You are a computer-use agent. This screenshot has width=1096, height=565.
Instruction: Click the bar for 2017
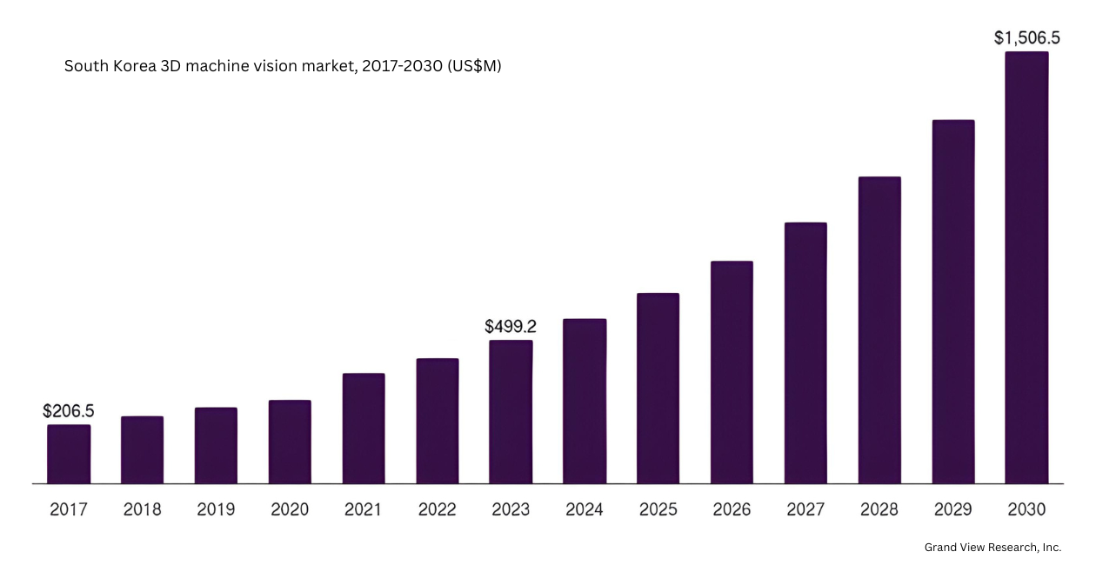[69, 454]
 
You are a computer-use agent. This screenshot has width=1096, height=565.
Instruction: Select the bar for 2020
[290, 442]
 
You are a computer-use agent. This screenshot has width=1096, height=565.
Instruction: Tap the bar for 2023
[511, 412]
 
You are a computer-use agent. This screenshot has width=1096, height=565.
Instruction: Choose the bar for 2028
[879, 330]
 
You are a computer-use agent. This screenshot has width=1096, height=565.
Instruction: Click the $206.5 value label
[69, 411]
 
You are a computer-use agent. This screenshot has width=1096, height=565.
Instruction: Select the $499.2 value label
[511, 327]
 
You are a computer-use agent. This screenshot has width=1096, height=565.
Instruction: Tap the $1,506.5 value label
[1026, 38]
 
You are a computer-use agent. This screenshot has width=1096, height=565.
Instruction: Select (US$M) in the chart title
[474, 66]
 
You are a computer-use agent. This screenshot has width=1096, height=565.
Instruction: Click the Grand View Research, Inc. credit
[992, 548]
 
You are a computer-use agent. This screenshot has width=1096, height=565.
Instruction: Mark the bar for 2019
[216, 445]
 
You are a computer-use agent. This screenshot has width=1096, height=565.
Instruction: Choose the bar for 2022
[438, 421]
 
